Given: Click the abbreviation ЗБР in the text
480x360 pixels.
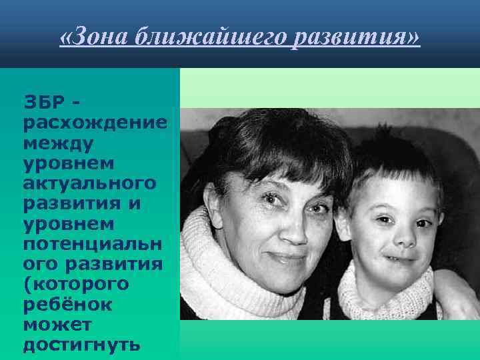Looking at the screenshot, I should [x=45, y=103].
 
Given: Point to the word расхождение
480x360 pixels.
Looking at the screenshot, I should [x=94, y=123].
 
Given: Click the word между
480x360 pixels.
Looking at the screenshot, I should [x=58, y=143].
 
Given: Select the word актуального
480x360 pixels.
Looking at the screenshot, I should [x=89, y=183].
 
